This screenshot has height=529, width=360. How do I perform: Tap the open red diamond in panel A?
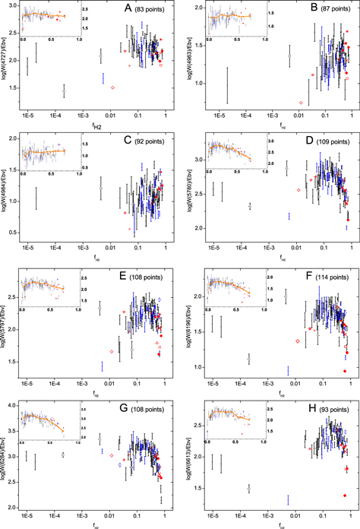[112, 88]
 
